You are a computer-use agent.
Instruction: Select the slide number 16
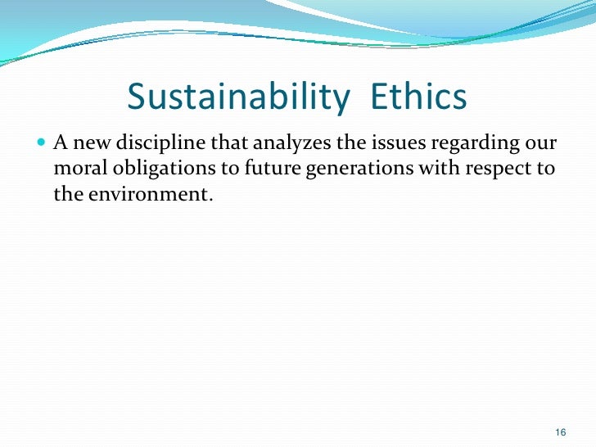(x=561, y=432)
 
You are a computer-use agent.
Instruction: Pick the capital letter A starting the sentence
(x=60, y=145)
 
